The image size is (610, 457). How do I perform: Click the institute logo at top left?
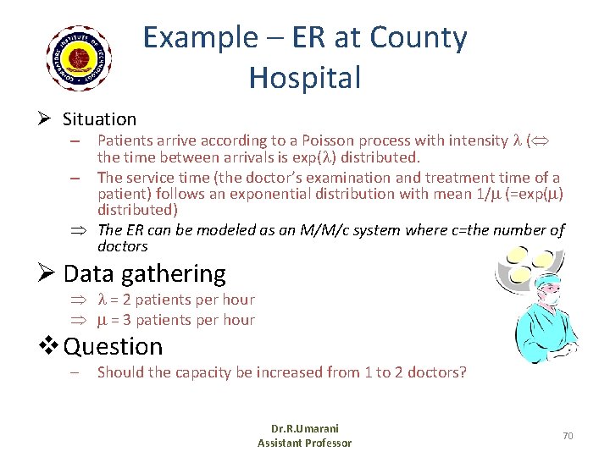pos(80,58)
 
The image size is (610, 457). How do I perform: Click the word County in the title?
pos(420,38)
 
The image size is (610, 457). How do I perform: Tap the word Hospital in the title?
pos(304,77)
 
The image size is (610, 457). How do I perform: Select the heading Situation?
pos(99,119)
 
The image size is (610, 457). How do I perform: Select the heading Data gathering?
pos(144,273)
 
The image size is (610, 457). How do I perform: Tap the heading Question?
pos(113,346)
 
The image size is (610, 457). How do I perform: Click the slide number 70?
pos(568,435)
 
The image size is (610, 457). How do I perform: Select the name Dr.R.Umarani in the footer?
pos(304,429)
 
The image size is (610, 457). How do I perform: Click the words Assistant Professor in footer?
pos(304,443)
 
